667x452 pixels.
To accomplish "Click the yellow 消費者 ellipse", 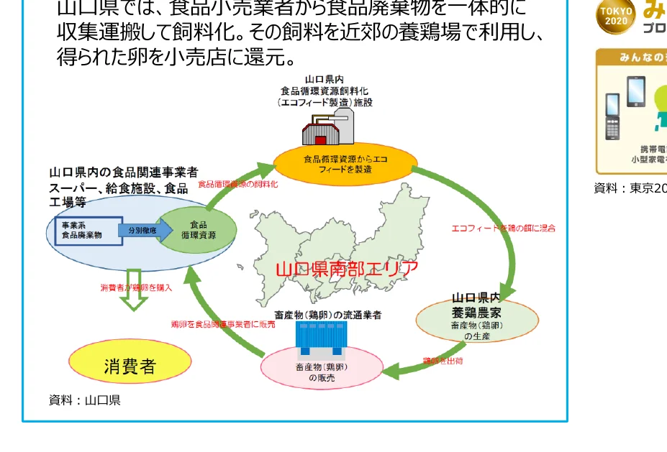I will (x=130, y=364).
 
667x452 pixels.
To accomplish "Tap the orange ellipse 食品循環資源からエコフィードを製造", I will (x=345, y=164).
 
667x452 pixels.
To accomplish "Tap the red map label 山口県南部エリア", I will (x=347, y=269).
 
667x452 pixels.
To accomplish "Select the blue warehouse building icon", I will (x=322, y=338).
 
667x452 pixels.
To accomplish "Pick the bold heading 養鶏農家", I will (x=476, y=312).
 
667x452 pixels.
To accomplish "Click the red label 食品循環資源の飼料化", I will (x=237, y=184).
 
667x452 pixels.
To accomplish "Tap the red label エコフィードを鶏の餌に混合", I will (x=503, y=228).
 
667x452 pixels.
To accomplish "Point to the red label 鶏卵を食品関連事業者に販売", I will (x=223, y=324).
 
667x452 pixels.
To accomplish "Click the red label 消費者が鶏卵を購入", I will (x=136, y=287).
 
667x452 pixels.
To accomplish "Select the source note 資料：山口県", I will (x=84, y=400).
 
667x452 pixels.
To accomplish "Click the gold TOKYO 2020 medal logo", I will (x=615, y=16).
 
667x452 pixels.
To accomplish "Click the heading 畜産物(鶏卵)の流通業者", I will (x=328, y=315).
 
